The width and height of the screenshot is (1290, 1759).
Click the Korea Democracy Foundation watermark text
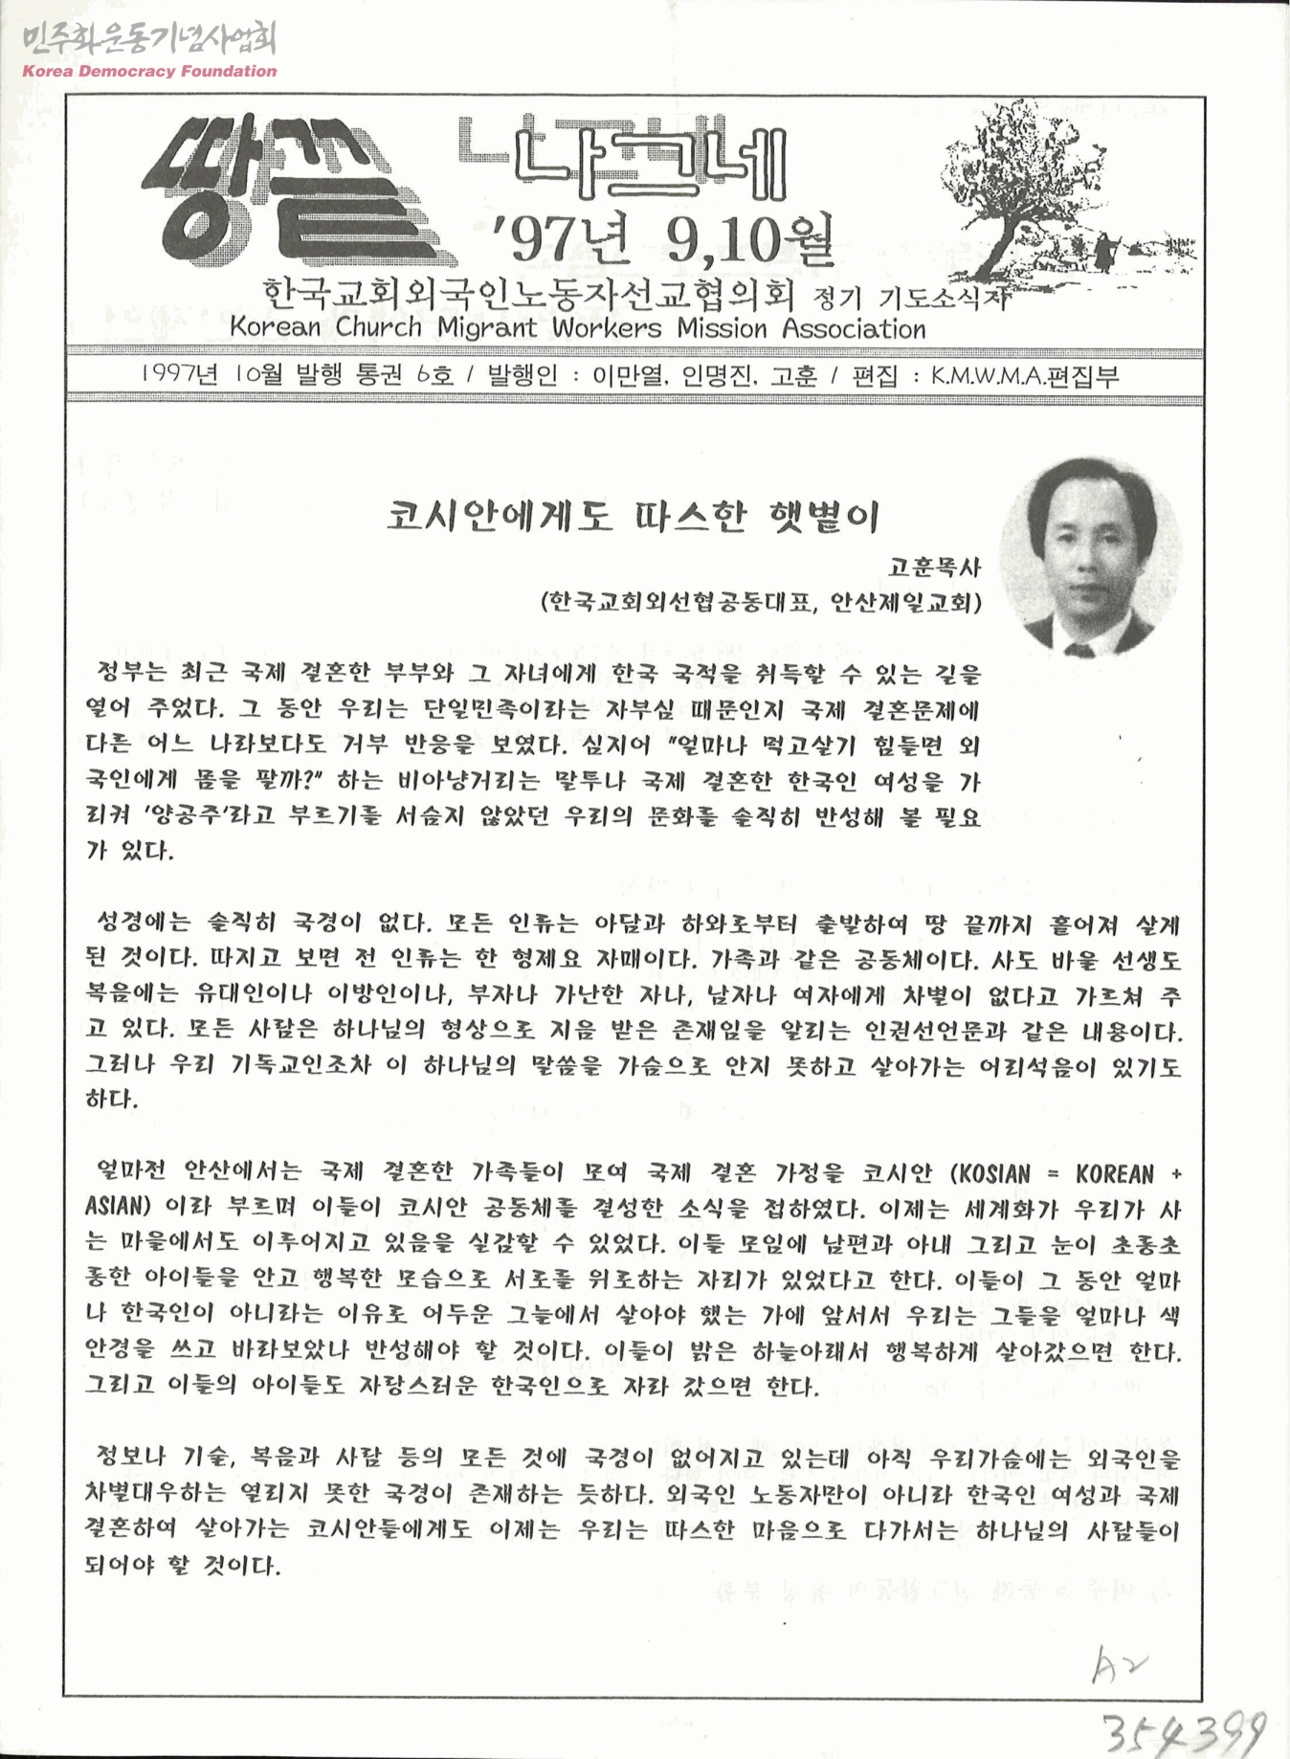pyautogui.click(x=149, y=71)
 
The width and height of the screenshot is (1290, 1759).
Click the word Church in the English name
pyautogui.click(x=378, y=327)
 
